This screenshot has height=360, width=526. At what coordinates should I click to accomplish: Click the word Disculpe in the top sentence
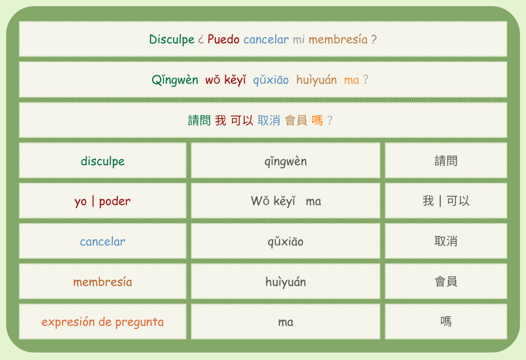coord(172,39)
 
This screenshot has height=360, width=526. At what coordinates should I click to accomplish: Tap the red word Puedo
coord(224,39)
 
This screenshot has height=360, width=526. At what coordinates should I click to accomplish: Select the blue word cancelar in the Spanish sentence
coord(266,39)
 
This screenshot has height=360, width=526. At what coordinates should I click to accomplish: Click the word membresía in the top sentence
coord(338,39)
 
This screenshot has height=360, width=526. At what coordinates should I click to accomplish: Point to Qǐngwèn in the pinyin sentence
coord(175,80)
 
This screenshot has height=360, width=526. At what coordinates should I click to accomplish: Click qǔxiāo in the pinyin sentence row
coord(271,80)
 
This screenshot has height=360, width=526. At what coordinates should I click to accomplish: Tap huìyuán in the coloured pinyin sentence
coord(316,80)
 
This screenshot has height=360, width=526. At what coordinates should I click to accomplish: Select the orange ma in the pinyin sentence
coord(352,80)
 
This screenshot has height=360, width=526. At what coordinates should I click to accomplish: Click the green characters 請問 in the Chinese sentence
coord(199,120)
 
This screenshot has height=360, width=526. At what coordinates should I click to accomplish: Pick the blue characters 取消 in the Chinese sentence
coord(269,120)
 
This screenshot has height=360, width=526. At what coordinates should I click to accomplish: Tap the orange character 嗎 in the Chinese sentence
coord(317,120)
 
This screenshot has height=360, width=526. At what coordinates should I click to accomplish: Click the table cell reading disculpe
coord(102,161)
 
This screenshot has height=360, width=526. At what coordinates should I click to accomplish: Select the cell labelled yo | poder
coord(102,200)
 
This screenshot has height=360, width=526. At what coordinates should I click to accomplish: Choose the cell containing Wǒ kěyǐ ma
coord(286,200)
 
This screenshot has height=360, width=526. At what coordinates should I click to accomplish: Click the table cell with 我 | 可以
coord(446,200)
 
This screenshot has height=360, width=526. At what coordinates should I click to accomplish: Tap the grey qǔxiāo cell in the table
coord(286,241)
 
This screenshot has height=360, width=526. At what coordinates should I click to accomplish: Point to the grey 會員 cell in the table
coord(446,281)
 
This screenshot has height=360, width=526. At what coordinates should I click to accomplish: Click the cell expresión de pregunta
coord(102,321)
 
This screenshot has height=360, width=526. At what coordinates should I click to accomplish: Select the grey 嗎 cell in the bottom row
coord(446,321)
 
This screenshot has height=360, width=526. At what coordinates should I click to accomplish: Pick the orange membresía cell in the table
coord(102,281)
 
